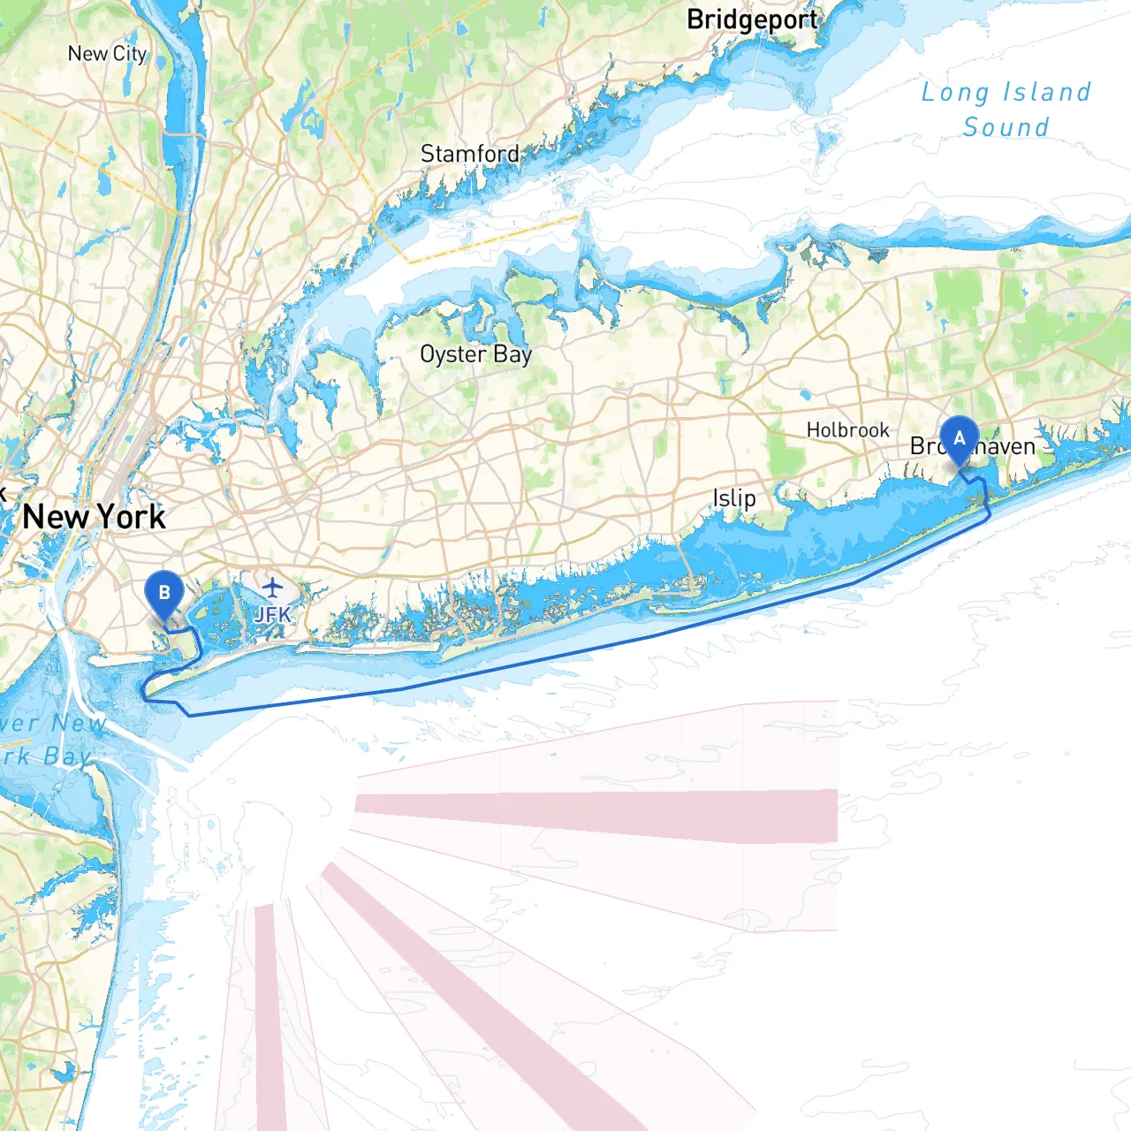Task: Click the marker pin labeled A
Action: (959, 439)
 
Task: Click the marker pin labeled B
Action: (163, 593)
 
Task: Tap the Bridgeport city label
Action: (752, 19)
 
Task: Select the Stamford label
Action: (469, 154)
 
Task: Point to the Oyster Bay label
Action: (475, 354)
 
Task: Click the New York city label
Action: (94, 517)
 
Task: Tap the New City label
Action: (107, 54)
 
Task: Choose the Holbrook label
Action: (847, 430)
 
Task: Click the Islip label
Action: (734, 498)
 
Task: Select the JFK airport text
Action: (272, 614)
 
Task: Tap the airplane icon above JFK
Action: (273, 587)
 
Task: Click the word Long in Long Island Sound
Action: (954, 93)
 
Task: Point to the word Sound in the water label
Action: (1006, 127)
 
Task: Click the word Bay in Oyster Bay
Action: (512, 355)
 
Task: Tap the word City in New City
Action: (129, 54)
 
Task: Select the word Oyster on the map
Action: (453, 354)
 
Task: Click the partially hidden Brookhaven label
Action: (973, 447)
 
